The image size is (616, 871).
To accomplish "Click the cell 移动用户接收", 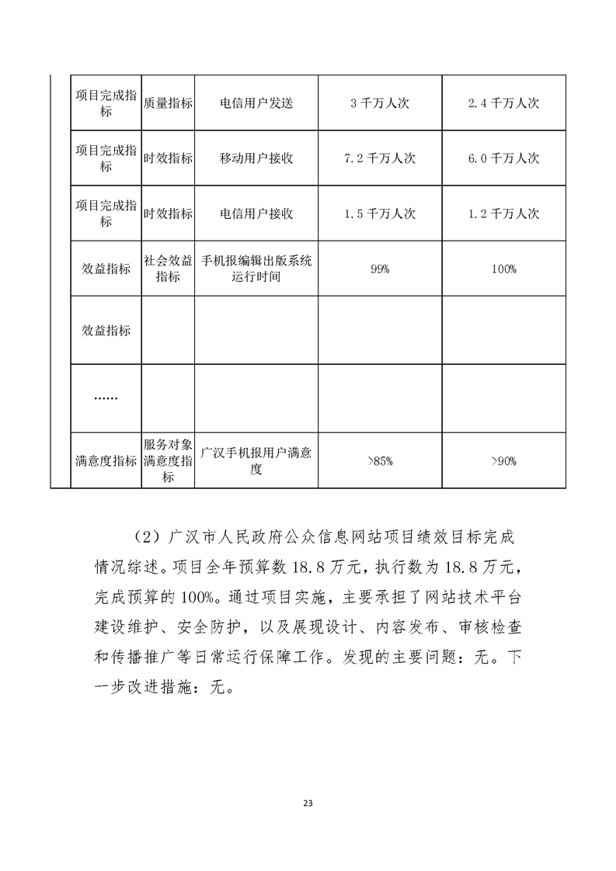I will click(256, 158).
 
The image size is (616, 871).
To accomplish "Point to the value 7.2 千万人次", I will click(380, 158).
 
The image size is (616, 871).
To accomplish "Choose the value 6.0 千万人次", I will click(503, 158).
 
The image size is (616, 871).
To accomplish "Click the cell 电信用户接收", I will click(256, 213).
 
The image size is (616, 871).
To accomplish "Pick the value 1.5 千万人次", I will click(380, 213).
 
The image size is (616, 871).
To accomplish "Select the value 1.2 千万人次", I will click(503, 213).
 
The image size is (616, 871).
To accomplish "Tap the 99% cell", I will click(380, 269).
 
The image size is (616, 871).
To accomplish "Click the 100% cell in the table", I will click(503, 269).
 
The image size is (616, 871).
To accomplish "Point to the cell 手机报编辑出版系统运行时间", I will click(256, 269).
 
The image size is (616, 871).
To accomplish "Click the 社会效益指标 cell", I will click(168, 269).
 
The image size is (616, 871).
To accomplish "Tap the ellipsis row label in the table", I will click(106, 397).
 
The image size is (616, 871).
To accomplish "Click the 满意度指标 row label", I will click(106, 461).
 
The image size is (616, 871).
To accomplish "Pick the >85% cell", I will click(380, 461).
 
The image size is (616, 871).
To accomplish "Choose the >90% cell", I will click(503, 461).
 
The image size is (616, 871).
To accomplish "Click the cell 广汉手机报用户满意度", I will click(256, 461).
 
